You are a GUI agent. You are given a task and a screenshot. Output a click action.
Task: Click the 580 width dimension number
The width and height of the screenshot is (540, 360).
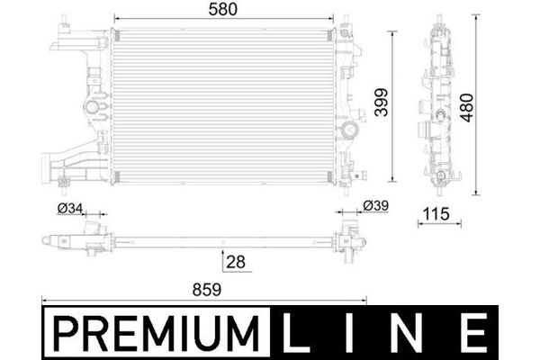(223, 9)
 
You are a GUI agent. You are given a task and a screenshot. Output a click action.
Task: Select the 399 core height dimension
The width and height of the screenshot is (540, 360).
(382, 103)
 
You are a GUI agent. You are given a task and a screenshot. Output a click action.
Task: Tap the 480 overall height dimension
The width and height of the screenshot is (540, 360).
(467, 107)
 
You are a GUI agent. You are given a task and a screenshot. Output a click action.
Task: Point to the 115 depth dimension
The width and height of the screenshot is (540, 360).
(436, 214)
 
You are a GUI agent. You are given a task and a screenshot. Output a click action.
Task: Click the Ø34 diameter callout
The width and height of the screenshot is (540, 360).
(70, 208)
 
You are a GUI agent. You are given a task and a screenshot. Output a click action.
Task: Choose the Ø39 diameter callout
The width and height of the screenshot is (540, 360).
(375, 206)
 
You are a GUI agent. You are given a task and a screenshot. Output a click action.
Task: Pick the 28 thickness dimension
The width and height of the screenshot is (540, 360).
(236, 262)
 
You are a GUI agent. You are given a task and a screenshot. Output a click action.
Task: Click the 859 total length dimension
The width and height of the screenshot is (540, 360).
(207, 290)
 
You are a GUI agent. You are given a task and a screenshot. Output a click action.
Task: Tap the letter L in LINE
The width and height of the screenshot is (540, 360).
(295, 333)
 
